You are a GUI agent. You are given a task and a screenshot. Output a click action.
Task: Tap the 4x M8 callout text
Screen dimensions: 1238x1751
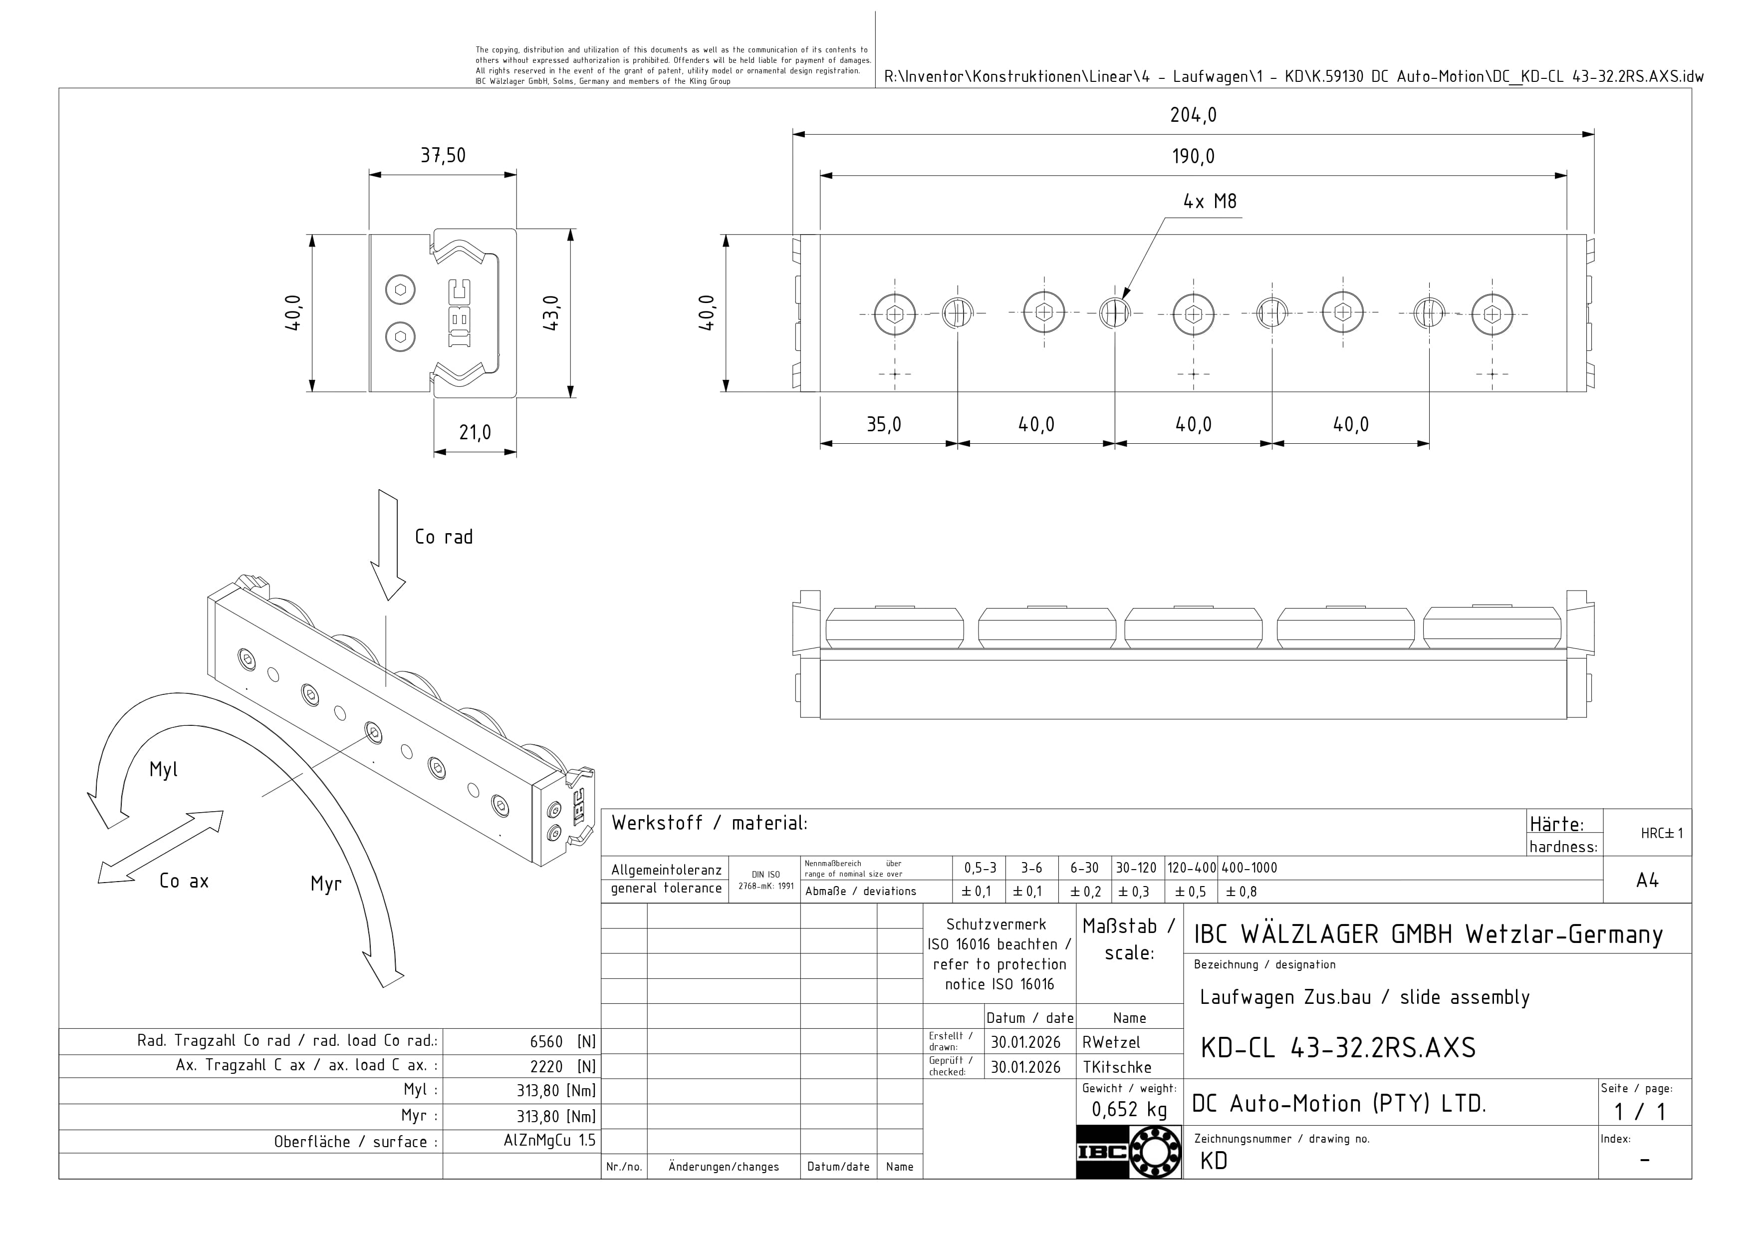coord(1210,201)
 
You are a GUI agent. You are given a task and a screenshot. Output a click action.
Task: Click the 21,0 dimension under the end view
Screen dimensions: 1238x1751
coord(475,432)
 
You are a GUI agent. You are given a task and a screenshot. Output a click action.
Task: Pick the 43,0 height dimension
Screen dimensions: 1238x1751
coord(551,312)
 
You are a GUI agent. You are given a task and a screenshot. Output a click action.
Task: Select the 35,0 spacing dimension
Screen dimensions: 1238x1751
coord(884,424)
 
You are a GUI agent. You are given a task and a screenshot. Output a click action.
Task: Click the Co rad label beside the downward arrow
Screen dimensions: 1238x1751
coord(443,537)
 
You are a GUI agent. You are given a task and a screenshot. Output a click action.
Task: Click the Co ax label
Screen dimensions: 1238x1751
coord(184,881)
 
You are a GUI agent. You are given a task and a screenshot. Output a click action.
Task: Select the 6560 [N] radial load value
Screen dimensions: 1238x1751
coord(562,1042)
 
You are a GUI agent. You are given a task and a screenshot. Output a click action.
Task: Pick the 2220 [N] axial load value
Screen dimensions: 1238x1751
coord(562,1066)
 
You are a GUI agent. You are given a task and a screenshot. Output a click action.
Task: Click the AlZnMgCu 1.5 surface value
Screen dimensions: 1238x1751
coord(549,1141)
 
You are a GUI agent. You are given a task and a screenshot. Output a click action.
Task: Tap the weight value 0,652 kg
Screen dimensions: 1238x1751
coord(1129,1109)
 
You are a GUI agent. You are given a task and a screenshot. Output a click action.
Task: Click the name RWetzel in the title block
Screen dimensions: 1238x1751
coord(1111,1042)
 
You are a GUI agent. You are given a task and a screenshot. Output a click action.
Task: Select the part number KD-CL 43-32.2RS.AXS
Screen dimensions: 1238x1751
coord(1338,1048)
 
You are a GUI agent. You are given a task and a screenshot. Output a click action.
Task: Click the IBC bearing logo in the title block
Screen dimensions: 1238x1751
coord(1129,1151)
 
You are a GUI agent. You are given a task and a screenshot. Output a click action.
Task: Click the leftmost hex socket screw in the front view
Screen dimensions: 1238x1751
coord(895,313)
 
